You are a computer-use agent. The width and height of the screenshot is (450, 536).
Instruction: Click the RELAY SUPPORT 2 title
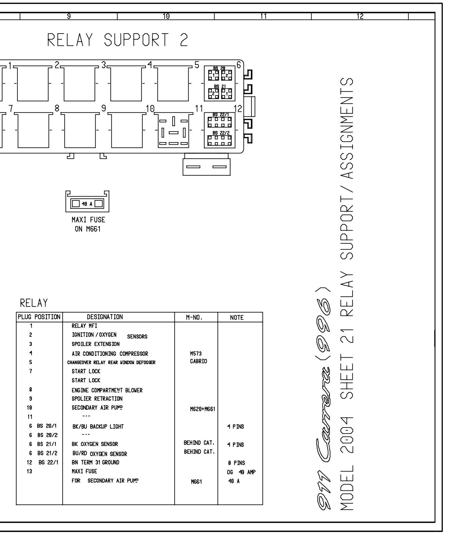(117, 40)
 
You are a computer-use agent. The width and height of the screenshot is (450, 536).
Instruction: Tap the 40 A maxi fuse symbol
(87, 204)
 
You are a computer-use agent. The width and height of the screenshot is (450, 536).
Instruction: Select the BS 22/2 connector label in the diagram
(219, 133)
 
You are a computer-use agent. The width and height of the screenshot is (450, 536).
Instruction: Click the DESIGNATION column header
(105, 317)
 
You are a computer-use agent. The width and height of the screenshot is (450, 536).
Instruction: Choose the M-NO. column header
(194, 318)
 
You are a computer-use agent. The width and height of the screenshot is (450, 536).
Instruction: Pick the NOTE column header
(237, 318)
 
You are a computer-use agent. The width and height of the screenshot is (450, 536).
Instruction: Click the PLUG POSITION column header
(39, 317)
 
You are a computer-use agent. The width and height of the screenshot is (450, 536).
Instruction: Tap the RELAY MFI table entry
(84, 326)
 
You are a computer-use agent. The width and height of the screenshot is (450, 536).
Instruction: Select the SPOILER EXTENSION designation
(96, 344)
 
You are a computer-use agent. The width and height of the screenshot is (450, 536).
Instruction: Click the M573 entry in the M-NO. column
(196, 354)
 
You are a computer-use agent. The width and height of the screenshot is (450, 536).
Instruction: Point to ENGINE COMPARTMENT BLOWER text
(107, 390)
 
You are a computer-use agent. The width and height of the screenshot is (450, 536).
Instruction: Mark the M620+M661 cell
(203, 409)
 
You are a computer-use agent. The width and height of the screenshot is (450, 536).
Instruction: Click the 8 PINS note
(236, 463)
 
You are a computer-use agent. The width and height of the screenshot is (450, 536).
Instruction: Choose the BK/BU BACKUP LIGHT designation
(98, 426)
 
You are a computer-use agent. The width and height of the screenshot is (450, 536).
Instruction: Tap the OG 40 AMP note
(241, 472)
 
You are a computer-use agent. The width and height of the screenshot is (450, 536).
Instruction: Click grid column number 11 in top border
(263, 17)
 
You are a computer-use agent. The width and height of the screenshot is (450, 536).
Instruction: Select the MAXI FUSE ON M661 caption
(88, 224)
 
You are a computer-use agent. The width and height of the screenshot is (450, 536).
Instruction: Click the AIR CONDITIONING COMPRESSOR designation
(110, 354)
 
